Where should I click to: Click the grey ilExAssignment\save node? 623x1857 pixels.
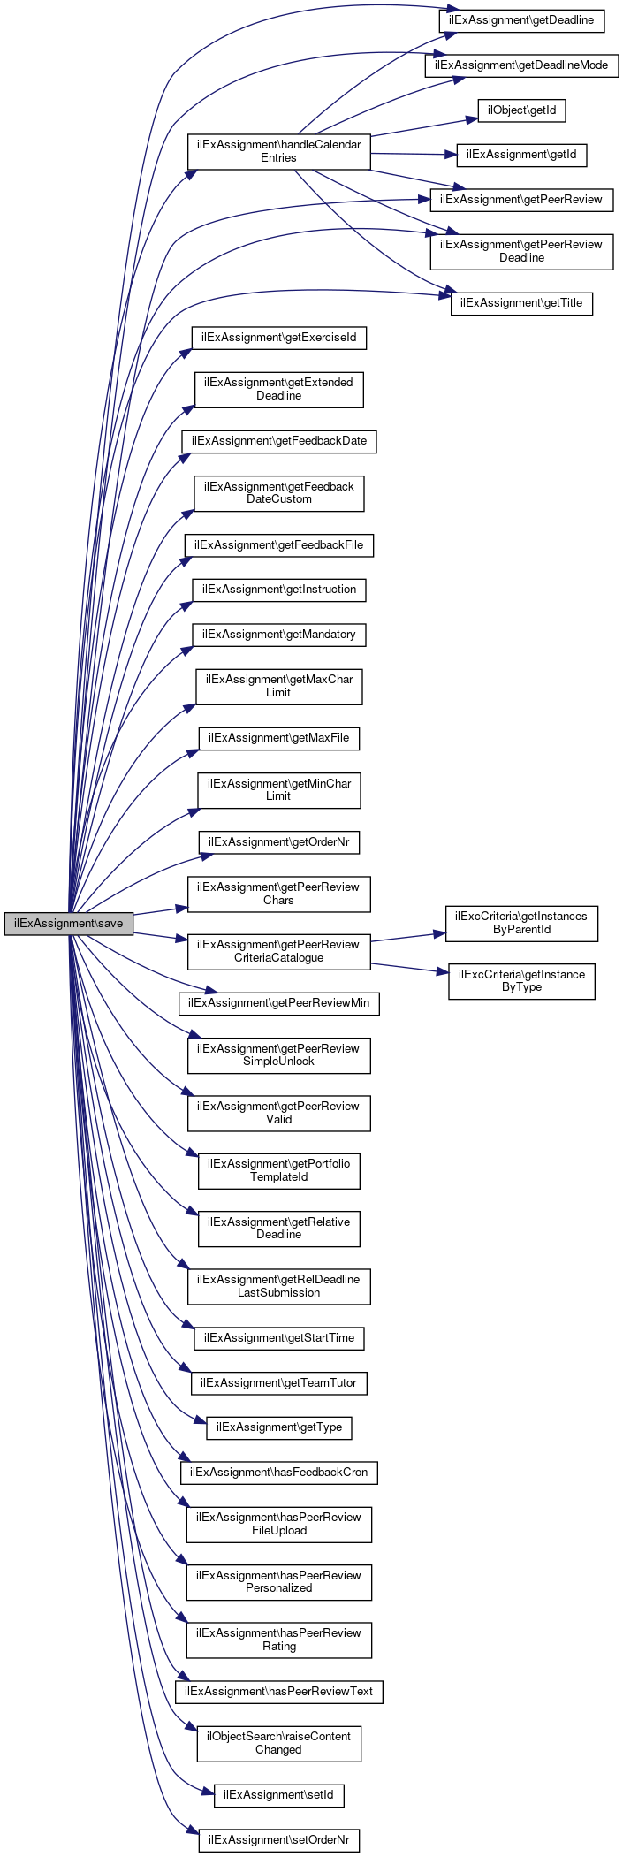pos(68,924)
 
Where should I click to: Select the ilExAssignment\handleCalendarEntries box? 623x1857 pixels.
pos(278,151)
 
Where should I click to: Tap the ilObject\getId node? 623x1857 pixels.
pos(521,110)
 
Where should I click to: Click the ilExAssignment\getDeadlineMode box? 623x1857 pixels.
pos(521,65)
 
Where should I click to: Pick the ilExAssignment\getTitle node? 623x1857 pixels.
pos(521,303)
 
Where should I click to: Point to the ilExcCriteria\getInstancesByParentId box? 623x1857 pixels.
pos(521,923)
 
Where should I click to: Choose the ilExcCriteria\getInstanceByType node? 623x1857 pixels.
pos(521,981)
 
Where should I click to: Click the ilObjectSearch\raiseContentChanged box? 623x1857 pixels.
pos(278,1743)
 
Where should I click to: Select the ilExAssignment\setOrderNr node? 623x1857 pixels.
pos(278,1841)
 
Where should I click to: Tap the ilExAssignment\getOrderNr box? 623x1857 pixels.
pos(278,842)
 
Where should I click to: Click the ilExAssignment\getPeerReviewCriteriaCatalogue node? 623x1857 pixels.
pos(278,951)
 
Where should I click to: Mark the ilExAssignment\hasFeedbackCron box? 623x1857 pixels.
pos(278,1473)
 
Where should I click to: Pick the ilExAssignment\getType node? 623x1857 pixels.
pos(278,1427)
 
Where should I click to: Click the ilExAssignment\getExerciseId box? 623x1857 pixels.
pos(278,338)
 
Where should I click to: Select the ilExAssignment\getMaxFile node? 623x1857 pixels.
pos(278,738)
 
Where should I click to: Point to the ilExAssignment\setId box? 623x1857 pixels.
pos(278,1796)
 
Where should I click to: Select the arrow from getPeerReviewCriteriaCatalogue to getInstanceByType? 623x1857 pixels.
pos(406,968)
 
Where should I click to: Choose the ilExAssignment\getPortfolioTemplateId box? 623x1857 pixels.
pos(278,1171)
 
